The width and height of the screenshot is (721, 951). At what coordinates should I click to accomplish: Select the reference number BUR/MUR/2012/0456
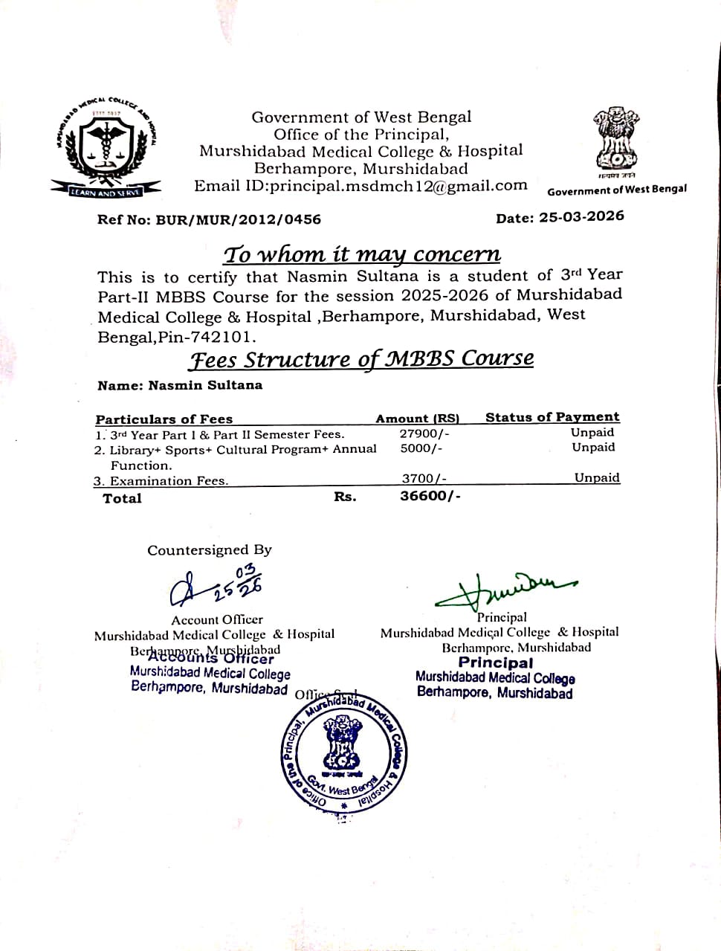coord(238,219)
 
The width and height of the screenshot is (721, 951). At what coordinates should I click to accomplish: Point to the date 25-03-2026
coord(582,216)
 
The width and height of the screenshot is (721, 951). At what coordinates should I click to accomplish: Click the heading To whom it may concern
coord(362,254)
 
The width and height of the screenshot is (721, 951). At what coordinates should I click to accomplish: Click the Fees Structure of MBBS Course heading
coord(361,359)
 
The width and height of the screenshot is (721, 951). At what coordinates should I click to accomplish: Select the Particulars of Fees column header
coord(164,419)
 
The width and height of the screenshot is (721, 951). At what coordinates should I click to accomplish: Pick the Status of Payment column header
coord(552,417)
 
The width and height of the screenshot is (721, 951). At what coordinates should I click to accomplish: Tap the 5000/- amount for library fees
coord(421,448)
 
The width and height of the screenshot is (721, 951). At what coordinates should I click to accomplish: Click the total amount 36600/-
coord(430,496)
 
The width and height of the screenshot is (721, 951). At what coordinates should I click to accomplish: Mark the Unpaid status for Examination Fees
coord(596,478)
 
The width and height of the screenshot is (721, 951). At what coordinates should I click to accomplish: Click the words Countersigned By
coord(210,550)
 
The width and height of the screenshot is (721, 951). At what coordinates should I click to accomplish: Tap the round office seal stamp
coord(343,755)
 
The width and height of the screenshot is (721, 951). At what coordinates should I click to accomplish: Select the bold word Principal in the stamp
coord(495,663)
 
